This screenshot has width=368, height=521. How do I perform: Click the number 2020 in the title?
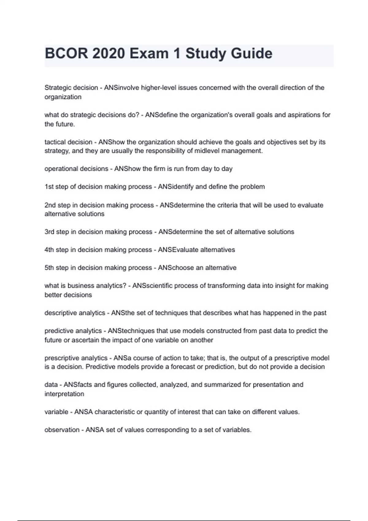click(x=108, y=54)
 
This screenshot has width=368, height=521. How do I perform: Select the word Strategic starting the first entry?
click(x=56, y=88)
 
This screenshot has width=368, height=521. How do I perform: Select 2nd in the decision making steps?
click(x=50, y=205)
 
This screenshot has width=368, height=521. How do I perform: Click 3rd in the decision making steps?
click(x=49, y=232)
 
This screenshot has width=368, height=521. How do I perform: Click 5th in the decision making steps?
click(x=49, y=268)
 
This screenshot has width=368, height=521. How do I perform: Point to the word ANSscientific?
click(x=152, y=286)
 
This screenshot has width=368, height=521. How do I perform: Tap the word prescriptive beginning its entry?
click(x=60, y=358)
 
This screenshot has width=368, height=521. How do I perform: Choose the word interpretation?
click(x=64, y=394)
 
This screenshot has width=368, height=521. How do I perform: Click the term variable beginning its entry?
click(x=56, y=412)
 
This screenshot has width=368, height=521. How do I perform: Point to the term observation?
click(x=62, y=430)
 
